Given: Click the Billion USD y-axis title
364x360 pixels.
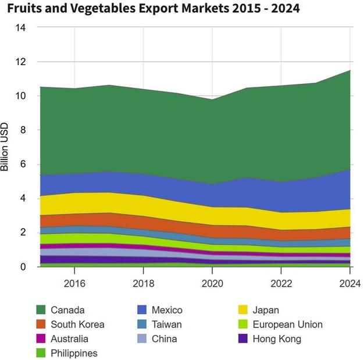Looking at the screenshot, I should [x=5, y=147].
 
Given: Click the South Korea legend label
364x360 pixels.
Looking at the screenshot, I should [x=77, y=325].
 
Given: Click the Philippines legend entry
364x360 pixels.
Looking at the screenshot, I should [x=74, y=353].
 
